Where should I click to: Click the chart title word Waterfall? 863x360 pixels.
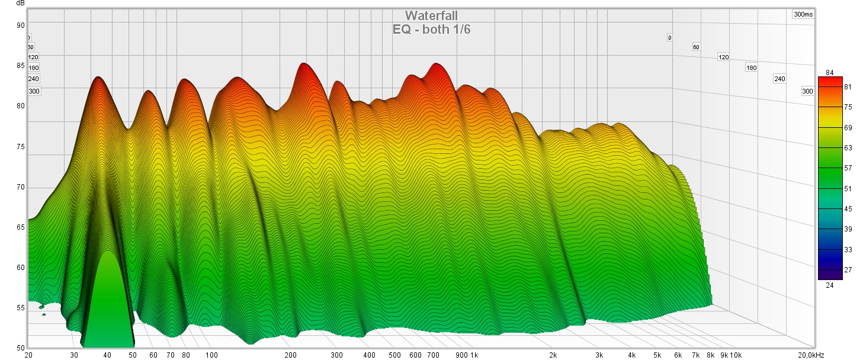(x=431, y=15)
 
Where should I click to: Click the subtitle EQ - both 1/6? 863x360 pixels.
(x=431, y=29)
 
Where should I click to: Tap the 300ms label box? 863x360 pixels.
(x=803, y=14)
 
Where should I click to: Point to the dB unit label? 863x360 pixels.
(x=21, y=4)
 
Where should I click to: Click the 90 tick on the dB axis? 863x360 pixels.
(x=21, y=25)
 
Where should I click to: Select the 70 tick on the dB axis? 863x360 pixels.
(x=21, y=187)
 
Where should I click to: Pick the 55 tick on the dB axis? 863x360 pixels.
(x=21, y=308)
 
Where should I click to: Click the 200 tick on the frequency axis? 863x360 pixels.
(x=290, y=355)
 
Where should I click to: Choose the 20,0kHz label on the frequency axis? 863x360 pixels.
(x=809, y=355)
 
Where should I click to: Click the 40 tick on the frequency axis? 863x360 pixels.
(x=107, y=355)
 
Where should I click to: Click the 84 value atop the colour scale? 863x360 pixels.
(x=829, y=73)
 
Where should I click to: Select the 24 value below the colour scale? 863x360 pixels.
(x=829, y=285)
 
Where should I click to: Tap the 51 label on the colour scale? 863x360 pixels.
(x=848, y=189)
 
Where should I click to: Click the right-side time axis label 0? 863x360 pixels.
(x=669, y=38)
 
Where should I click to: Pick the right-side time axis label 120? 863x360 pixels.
(x=723, y=57)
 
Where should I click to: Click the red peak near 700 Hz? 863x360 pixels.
(x=437, y=66)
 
